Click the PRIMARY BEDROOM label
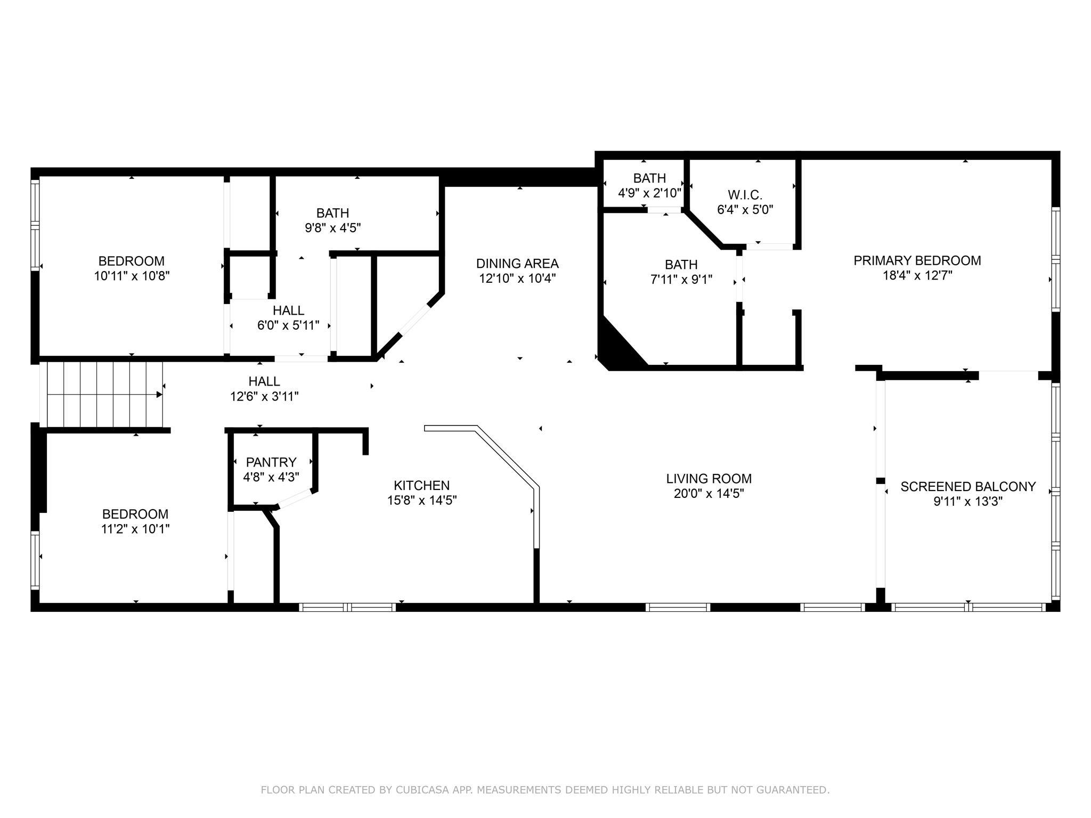[917, 260]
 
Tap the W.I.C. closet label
[745, 194]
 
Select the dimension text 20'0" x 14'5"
[709, 494]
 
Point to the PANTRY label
[271, 462]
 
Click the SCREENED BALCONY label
[968, 486]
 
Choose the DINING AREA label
[517, 263]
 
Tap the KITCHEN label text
[422, 485]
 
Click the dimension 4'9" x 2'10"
[650, 193]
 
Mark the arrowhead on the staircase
[159, 395]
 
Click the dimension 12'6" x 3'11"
[264, 396]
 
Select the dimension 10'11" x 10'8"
[132, 276]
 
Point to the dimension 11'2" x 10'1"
[135, 529]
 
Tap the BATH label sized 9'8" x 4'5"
[333, 213]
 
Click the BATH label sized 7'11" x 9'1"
[681, 264]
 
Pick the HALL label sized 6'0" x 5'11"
[289, 310]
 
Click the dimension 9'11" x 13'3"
[968, 501]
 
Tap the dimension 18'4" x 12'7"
[917, 275]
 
